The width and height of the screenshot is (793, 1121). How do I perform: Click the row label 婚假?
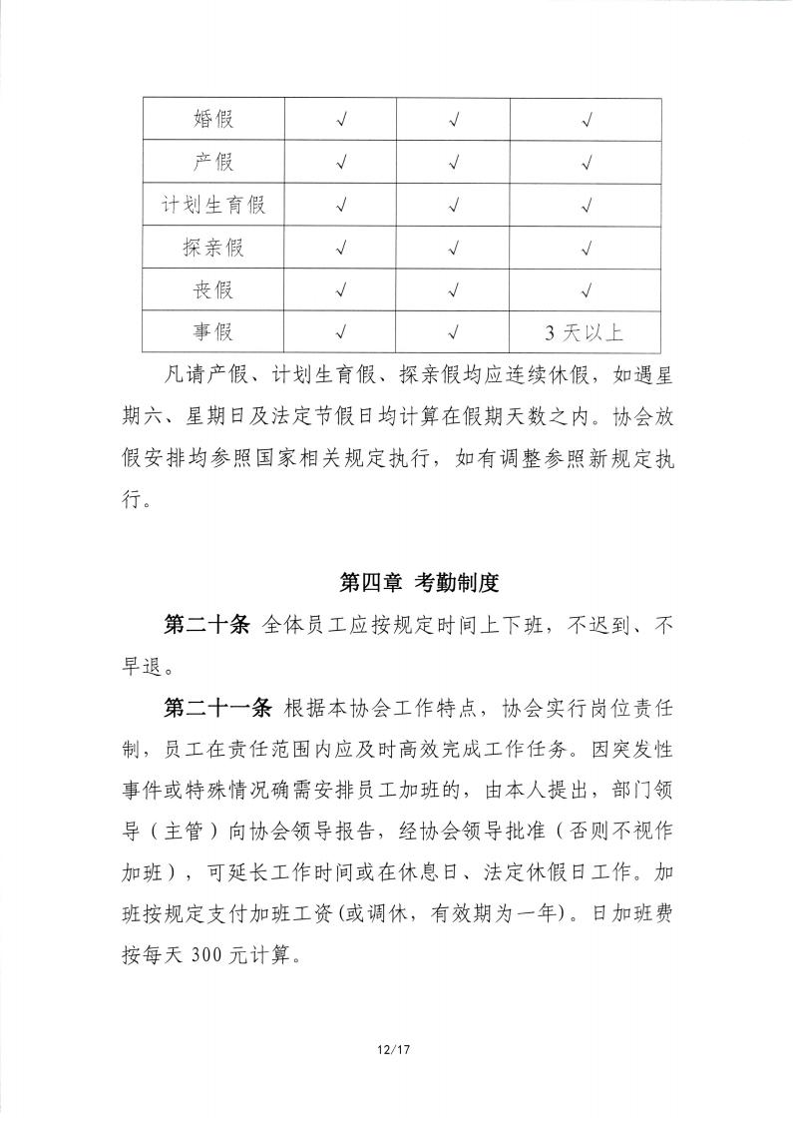[x=212, y=120]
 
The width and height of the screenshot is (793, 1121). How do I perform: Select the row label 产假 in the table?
[x=212, y=163]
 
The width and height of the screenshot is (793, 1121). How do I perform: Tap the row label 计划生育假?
[x=212, y=206]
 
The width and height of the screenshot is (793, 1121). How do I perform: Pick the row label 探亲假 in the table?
[x=212, y=249]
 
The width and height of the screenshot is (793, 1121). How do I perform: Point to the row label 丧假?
[x=212, y=290]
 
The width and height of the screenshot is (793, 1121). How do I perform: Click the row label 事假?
[x=212, y=332]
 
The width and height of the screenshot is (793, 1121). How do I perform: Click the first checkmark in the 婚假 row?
[x=341, y=120]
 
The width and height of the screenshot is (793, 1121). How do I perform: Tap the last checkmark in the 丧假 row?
[x=587, y=290]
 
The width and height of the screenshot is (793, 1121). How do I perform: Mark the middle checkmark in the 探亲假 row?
[x=454, y=249]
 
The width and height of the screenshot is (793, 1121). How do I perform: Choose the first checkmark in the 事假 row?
[x=341, y=332]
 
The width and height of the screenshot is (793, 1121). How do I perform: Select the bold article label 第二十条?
[x=204, y=626]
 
